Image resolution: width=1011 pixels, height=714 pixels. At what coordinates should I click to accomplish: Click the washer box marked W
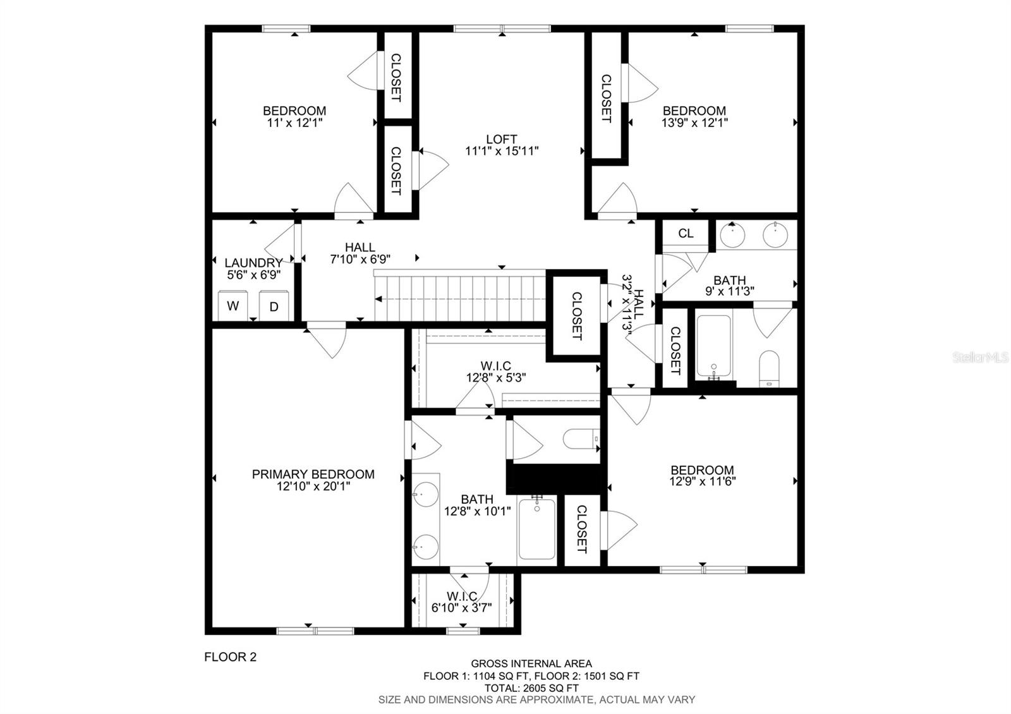click(x=233, y=306)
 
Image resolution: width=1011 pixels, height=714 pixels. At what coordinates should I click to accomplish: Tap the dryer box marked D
click(x=274, y=306)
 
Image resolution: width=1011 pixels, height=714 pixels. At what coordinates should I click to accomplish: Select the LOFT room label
click(x=502, y=139)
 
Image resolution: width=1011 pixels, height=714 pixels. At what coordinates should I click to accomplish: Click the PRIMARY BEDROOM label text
click(x=313, y=474)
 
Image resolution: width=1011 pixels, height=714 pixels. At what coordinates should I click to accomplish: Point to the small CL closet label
click(x=686, y=233)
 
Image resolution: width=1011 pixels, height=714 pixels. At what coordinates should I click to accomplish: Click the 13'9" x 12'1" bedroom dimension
click(x=694, y=123)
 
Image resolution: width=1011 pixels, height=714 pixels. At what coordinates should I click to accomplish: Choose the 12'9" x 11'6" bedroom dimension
click(x=702, y=481)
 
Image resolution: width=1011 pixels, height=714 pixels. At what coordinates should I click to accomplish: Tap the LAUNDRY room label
click(x=253, y=263)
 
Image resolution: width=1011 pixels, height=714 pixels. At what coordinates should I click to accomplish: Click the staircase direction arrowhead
click(x=378, y=300)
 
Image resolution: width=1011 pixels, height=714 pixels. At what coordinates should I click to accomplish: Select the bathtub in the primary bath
click(x=537, y=529)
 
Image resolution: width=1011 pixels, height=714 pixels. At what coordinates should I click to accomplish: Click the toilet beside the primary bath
click(x=581, y=439)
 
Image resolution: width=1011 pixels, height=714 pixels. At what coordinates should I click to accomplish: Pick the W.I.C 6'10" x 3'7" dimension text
click(x=462, y=607)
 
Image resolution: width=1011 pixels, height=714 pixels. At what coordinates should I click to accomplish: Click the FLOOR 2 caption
click(x=230, y=657)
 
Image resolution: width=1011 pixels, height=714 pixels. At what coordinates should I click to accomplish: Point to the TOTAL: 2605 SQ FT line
click(x=531, y=688)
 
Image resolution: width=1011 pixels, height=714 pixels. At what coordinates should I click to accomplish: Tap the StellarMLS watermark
click(x=980, y=358)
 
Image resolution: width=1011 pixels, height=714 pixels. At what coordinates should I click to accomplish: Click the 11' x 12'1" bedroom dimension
click(x=294, y=123)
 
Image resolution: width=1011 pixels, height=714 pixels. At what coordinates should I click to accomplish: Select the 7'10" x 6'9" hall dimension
click(x=360, y=259)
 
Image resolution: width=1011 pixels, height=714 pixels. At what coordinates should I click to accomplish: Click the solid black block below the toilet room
click(x=556, y=478)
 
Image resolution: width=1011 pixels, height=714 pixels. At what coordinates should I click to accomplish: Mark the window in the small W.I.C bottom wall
click(x=463, y=631)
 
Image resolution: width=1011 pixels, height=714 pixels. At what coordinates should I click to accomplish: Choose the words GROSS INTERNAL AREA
click(x=531, y=663)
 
